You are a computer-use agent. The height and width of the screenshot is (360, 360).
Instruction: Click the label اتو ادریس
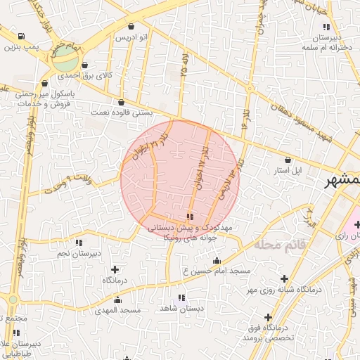(x=132, y=36)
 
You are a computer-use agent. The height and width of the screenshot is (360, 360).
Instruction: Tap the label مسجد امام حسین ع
(x=217, y=271)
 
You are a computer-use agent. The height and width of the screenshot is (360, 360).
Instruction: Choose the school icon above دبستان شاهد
(x=181, y=297)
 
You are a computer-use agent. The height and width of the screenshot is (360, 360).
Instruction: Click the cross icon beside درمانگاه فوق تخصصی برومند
(x=269, y=316)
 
